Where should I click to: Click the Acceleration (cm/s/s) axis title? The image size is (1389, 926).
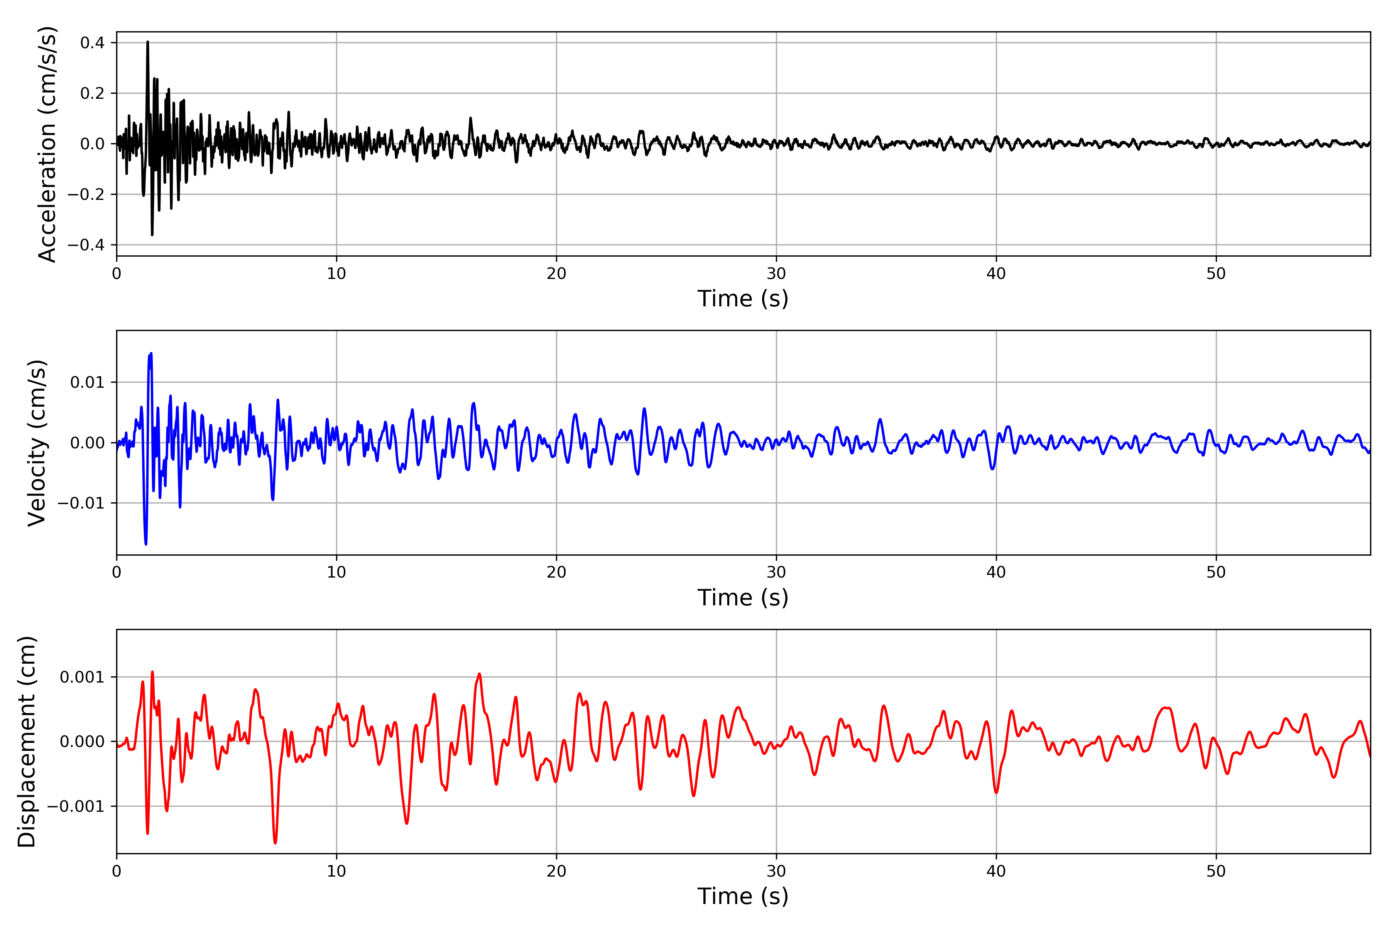(47, 144)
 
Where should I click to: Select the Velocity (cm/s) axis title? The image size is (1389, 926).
(37, 443)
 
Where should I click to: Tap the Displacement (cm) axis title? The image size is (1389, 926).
(27, 742)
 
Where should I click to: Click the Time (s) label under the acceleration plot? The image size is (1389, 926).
(743, 299)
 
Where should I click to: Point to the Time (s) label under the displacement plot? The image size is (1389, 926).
(743, 896)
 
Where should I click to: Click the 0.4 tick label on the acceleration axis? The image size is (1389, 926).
(92, 42)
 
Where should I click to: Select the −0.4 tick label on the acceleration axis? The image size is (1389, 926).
(86, 245)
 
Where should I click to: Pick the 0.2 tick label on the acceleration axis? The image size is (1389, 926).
(92, 93)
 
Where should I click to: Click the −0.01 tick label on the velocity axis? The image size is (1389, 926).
(81, 503)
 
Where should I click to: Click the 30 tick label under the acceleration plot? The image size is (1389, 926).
(776, 274)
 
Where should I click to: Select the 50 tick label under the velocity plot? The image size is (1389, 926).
(1216, 572)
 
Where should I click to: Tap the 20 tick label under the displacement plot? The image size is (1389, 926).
(556, 871)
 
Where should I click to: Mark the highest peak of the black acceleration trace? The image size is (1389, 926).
(148, 42)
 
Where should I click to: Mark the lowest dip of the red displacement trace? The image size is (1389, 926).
(275, 843)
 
